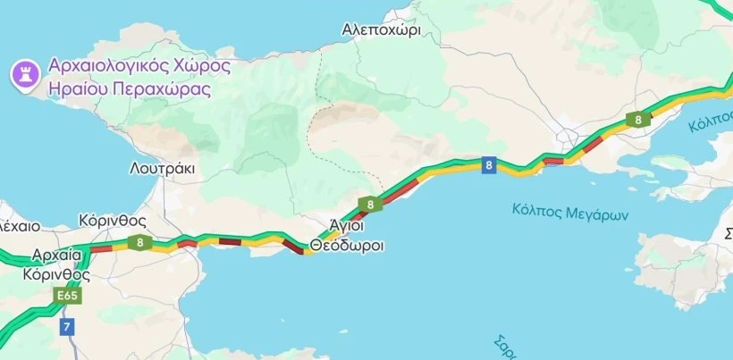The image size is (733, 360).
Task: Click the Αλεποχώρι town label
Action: [x=381, y=29]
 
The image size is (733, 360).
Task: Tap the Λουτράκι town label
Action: [x=162, y=168]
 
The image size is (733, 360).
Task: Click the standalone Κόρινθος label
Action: [x=113, y=219]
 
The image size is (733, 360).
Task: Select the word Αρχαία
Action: [x=56, y=255]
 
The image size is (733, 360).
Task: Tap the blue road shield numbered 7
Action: [x=67, y=327]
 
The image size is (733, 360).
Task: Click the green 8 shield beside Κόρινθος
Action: [x=139, y=242]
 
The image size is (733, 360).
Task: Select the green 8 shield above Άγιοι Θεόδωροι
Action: [x=370, y=205]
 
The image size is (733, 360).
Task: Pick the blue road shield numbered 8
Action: [x=488, y=164]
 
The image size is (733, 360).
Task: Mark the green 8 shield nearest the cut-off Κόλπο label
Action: [x=637, y=119]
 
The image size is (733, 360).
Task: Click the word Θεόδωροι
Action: [x=347, y=246]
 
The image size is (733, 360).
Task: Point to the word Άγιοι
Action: [x=347, y=227]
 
